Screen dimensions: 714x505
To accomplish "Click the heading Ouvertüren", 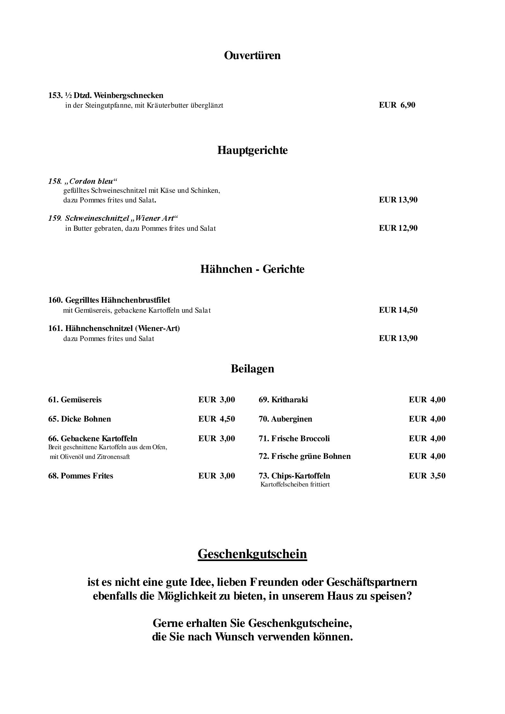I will coord(252,55).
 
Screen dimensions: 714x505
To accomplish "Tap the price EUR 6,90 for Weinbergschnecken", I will coord(397,105).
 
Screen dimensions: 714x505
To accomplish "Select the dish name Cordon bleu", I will coord(91,181).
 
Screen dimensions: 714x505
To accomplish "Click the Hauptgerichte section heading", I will coord(252,150).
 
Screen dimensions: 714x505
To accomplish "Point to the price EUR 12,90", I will coord(398,228).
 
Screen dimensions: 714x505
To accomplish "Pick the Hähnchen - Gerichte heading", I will coord(252,269).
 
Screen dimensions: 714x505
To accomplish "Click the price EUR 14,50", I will coord(398,310).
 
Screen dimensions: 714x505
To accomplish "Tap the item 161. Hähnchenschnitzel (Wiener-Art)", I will coord(114,328).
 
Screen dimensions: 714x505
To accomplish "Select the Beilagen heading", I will coord(252,369).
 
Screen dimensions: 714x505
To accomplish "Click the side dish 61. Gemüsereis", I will coord(75,400).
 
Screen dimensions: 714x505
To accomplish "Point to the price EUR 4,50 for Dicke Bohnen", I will coord(216,419).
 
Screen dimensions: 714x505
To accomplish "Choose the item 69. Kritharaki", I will coord(283,400).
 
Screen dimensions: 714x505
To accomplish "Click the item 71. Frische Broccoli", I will coord(294,439).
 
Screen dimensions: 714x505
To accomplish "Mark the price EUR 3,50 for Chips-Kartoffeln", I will coord(427,476).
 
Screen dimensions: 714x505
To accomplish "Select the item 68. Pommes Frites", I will coord(81,476).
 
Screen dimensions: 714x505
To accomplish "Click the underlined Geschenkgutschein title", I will coord(252,554).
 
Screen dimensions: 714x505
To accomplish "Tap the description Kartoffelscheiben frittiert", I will coord(295,485).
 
